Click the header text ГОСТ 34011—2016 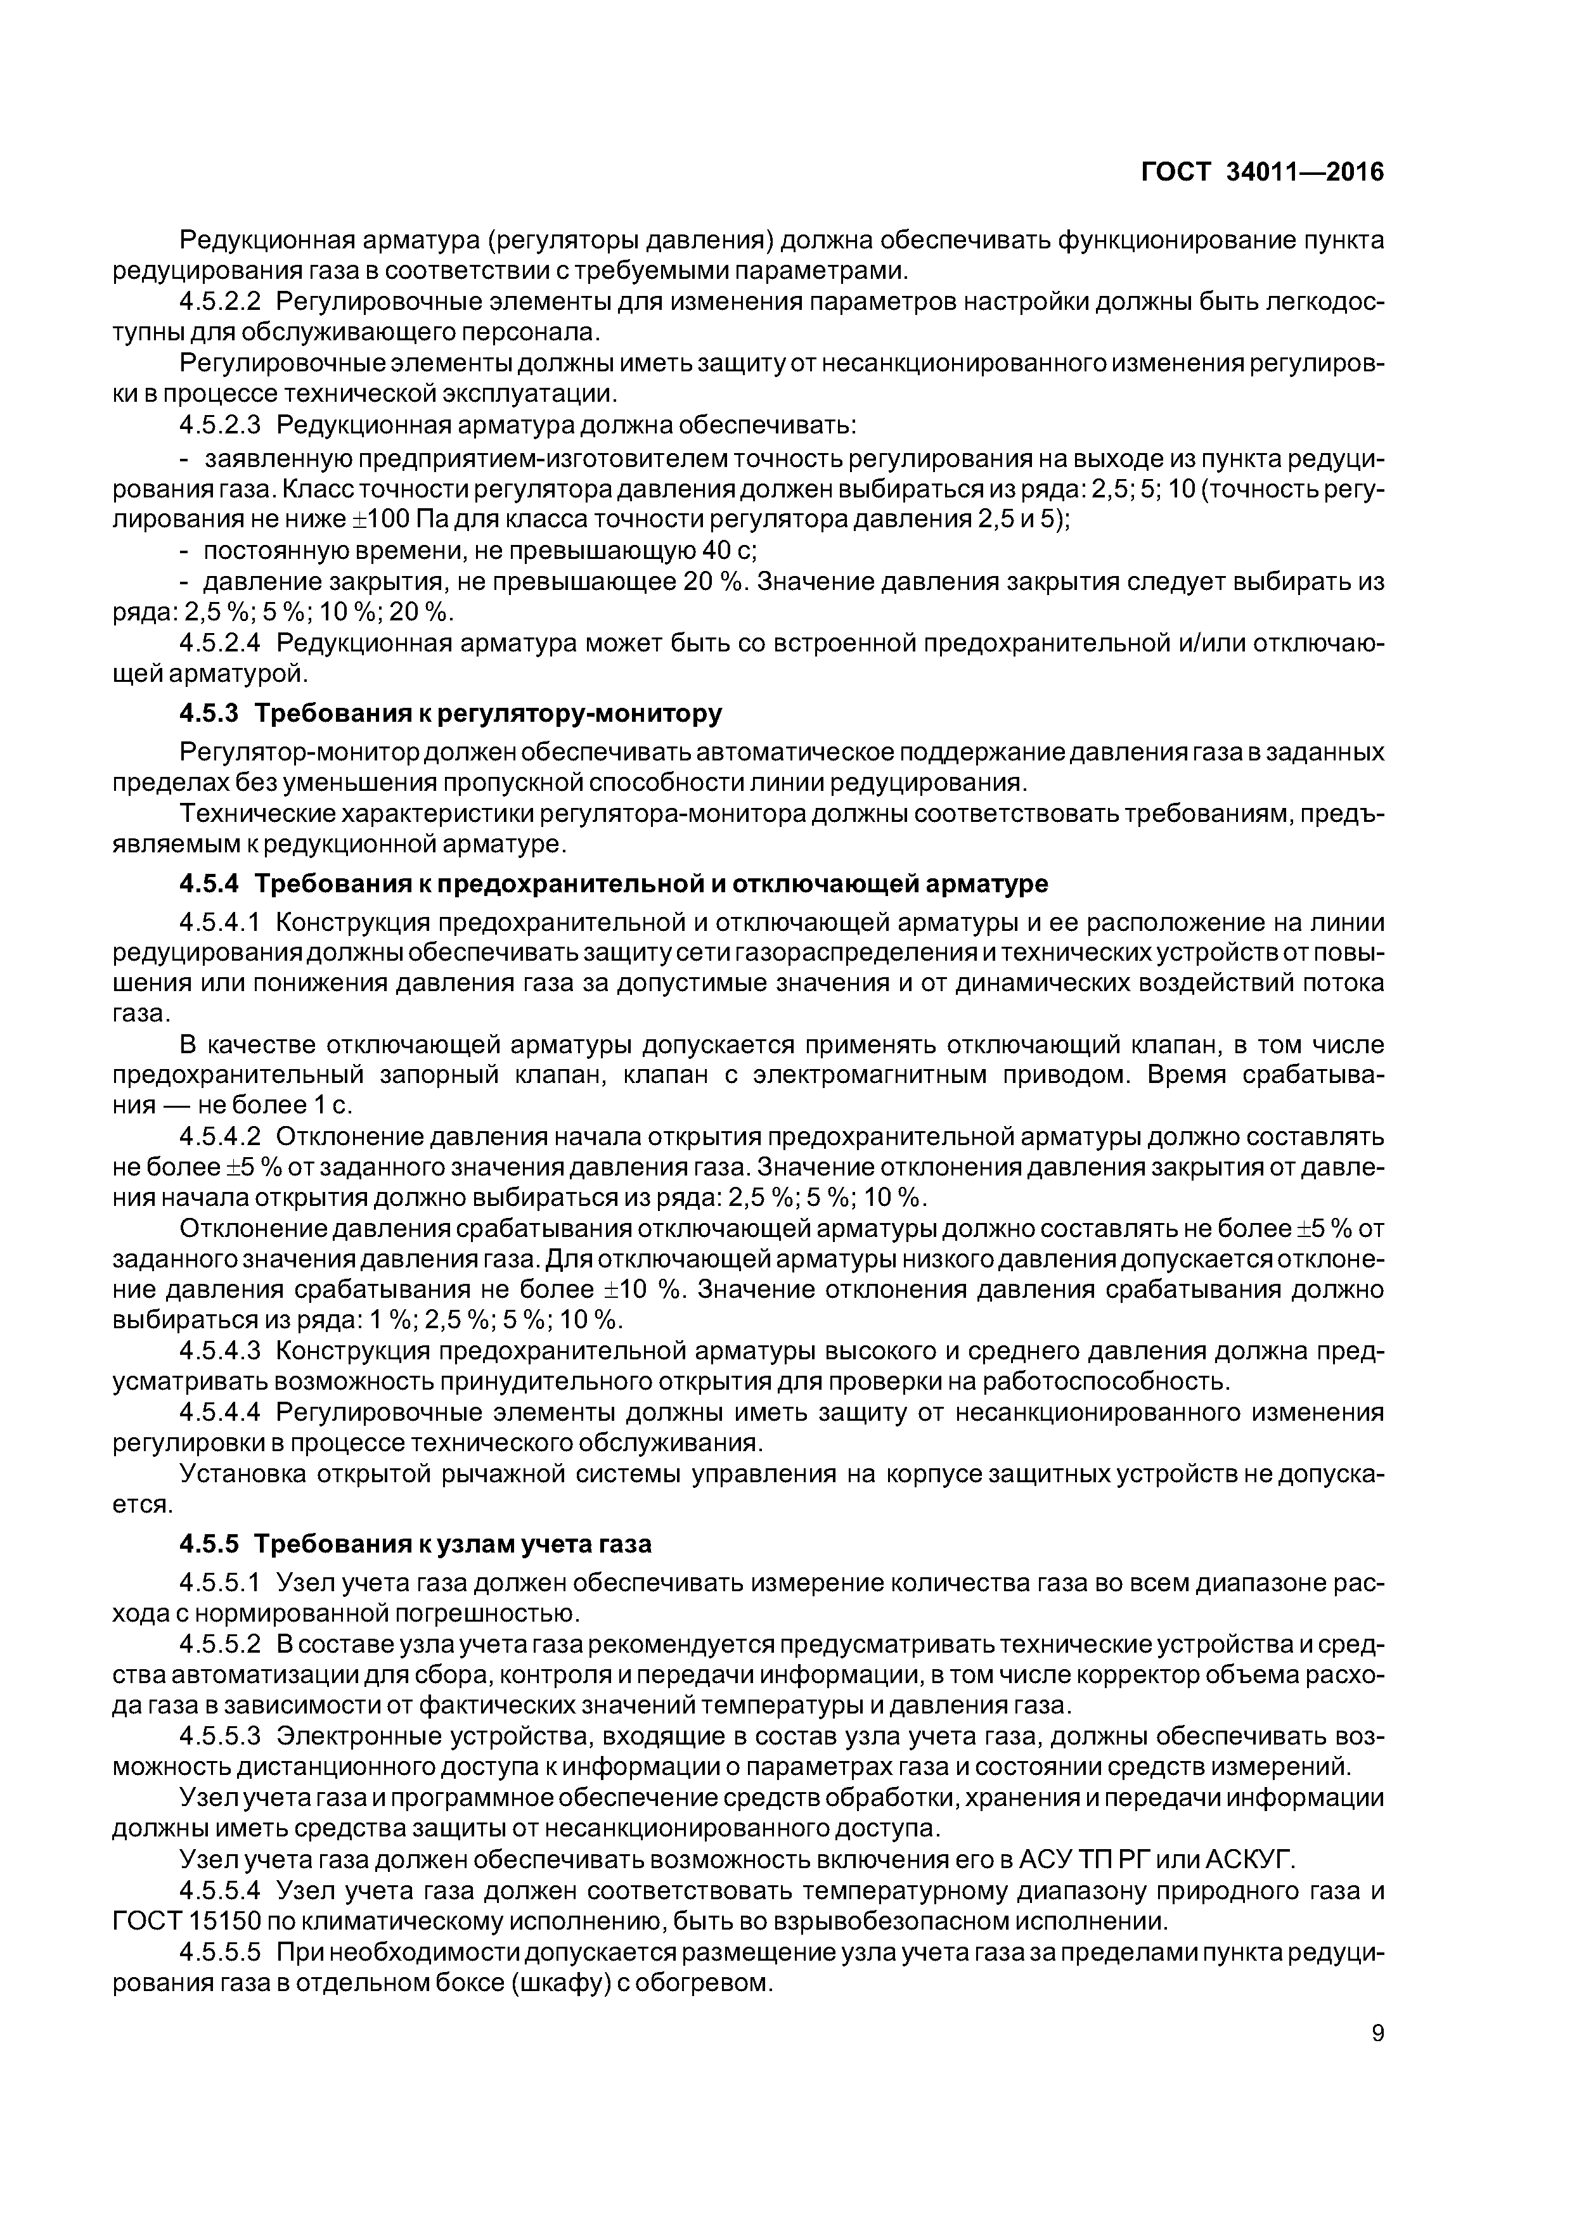(1262, 172)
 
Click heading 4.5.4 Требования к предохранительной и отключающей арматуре (613, 884)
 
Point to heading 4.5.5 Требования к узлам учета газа (416, 1543)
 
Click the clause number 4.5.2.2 (221, 302)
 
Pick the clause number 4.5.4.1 (221, 923)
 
